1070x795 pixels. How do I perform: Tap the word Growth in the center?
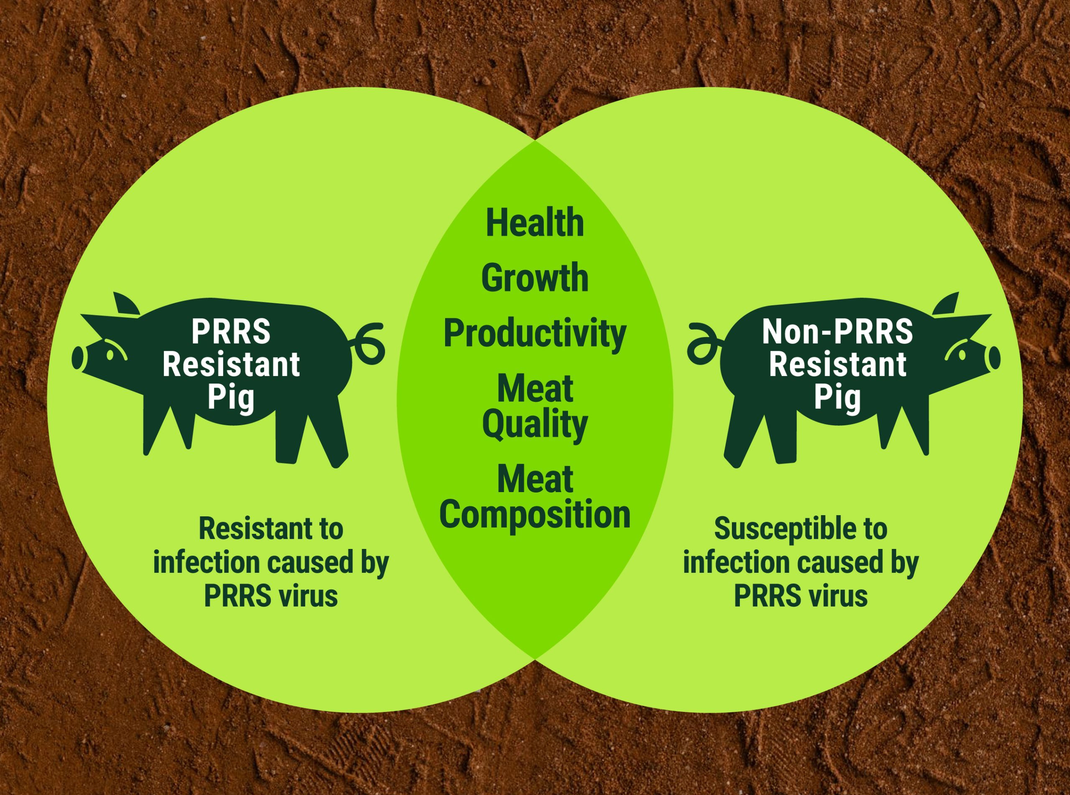(535, 279)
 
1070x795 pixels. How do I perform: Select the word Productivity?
(535, 333)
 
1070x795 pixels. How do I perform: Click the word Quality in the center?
(535, 425)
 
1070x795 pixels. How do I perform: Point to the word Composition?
(535, 516)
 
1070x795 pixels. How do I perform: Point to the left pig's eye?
(110, 355)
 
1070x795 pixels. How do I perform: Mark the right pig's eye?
(962, 355)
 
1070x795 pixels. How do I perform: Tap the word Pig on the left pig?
(231, 398)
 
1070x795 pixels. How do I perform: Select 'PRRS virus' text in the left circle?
(271, 596)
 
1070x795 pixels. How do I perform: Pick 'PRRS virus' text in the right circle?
(801, 596)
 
